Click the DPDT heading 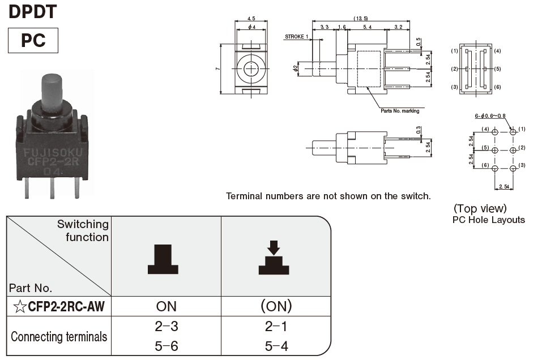click(x=33, y=11)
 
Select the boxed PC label click(x=33, y=41)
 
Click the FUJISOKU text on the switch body click(x=51, y=152)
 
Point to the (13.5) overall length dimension click(x=360, y=19)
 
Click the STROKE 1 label click(x=296, y=37)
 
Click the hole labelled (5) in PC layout click(x=495, y=150)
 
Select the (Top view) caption click(x=480, y=208)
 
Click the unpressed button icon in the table click(x=163, y=260)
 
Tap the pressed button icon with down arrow click(x=274, y=258)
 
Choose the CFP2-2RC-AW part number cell click(x=59, y=307)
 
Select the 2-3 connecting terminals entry click(x=166, y=327)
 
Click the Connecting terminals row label click(x=59, y=337)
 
